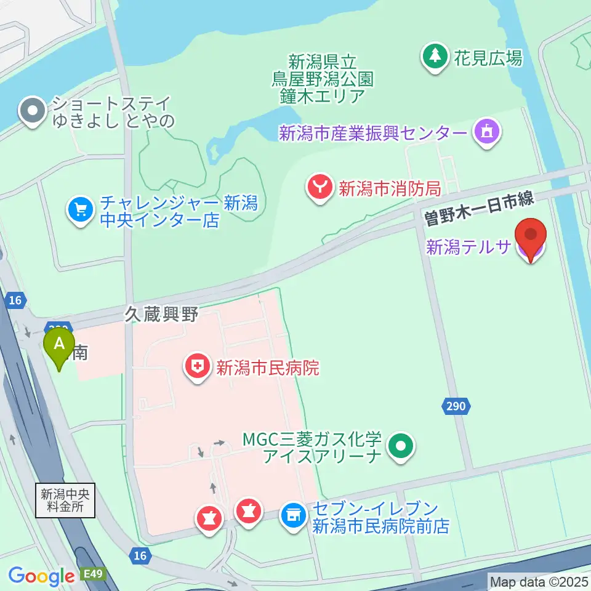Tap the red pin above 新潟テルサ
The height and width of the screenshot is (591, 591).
pos(530,237)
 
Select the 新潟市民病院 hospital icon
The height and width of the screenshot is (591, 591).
pos(197,368)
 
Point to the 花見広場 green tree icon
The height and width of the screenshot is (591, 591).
pos(435,57)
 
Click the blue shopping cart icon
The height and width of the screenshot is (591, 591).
pos(81,211)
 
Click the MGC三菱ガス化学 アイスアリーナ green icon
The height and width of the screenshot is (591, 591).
pos(401,447)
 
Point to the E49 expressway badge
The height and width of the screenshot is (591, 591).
pos(94,575)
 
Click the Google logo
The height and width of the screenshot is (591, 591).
pos(41,576)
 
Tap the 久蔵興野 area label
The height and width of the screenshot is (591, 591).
pos(161,315)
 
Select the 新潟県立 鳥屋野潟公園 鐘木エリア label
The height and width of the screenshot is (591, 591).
pos(323,79)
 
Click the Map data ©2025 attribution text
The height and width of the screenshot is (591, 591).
pos(537,581)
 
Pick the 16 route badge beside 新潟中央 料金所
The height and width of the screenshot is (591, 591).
pos(140,556)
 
